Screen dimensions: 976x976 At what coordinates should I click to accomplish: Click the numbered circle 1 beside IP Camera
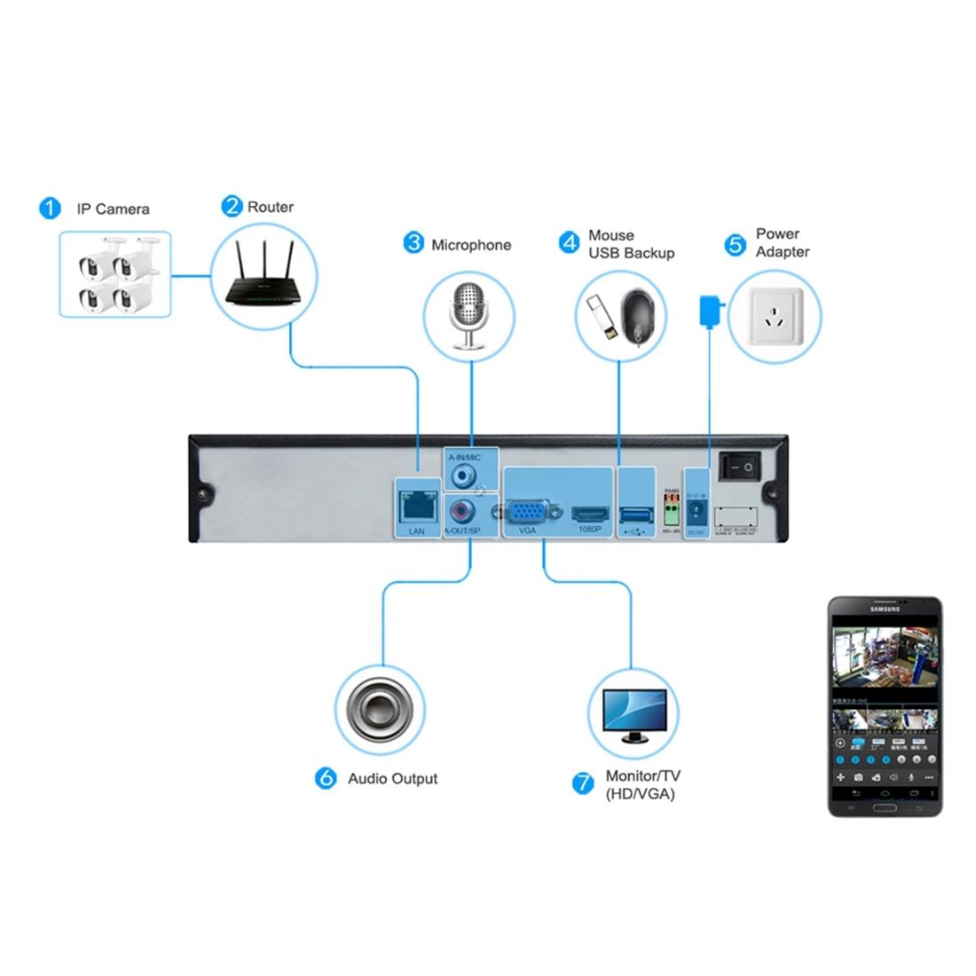tap(50, 209)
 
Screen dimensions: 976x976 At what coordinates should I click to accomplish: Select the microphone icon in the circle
tap(470, 315)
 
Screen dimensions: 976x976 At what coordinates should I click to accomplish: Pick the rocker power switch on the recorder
tap(740, 465)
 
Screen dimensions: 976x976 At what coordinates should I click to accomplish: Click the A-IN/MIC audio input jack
tap(463, 475)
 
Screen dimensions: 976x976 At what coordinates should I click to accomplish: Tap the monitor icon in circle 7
tap(633, 715)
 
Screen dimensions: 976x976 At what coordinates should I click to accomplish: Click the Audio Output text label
tap(392, 778)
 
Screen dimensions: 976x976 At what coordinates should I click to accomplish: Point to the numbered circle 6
tap(327, 778)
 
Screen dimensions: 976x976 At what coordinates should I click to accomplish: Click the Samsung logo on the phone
tap(885, 609)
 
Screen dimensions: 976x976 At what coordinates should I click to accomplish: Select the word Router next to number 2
tap(271, 207)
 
